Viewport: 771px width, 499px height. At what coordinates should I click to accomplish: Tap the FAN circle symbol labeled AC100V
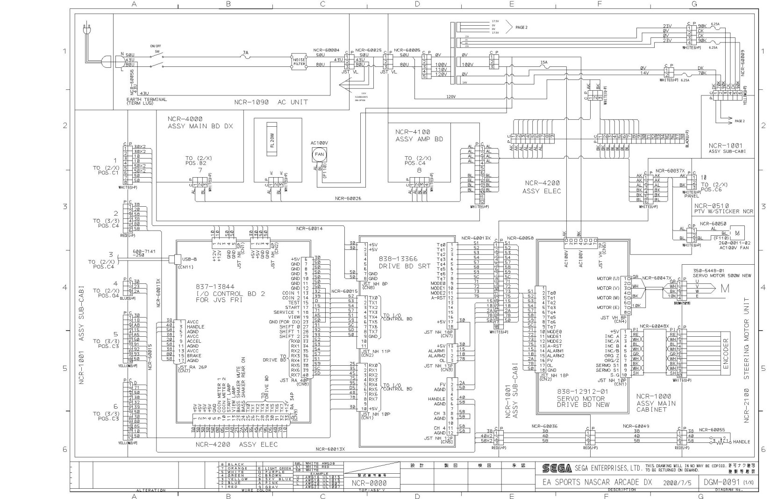[x=319, y=154]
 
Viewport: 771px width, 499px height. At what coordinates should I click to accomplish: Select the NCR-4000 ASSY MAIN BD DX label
[x=200, y=123]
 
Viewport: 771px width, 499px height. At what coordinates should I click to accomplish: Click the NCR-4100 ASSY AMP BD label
[x=419, y=136]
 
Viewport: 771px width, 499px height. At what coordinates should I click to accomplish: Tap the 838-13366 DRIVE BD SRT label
[x=405, y=262]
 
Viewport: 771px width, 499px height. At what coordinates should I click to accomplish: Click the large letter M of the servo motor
[x=724, y=289]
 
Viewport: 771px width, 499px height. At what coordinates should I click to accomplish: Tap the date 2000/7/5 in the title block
[x=677, y=482]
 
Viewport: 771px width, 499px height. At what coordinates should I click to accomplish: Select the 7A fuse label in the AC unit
[x=245, y=53]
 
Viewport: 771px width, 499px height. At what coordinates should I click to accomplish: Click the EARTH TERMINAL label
[x=146, y=99]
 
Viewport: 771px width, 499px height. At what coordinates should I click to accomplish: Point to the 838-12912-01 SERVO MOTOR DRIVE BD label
[x=583, y=398]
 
